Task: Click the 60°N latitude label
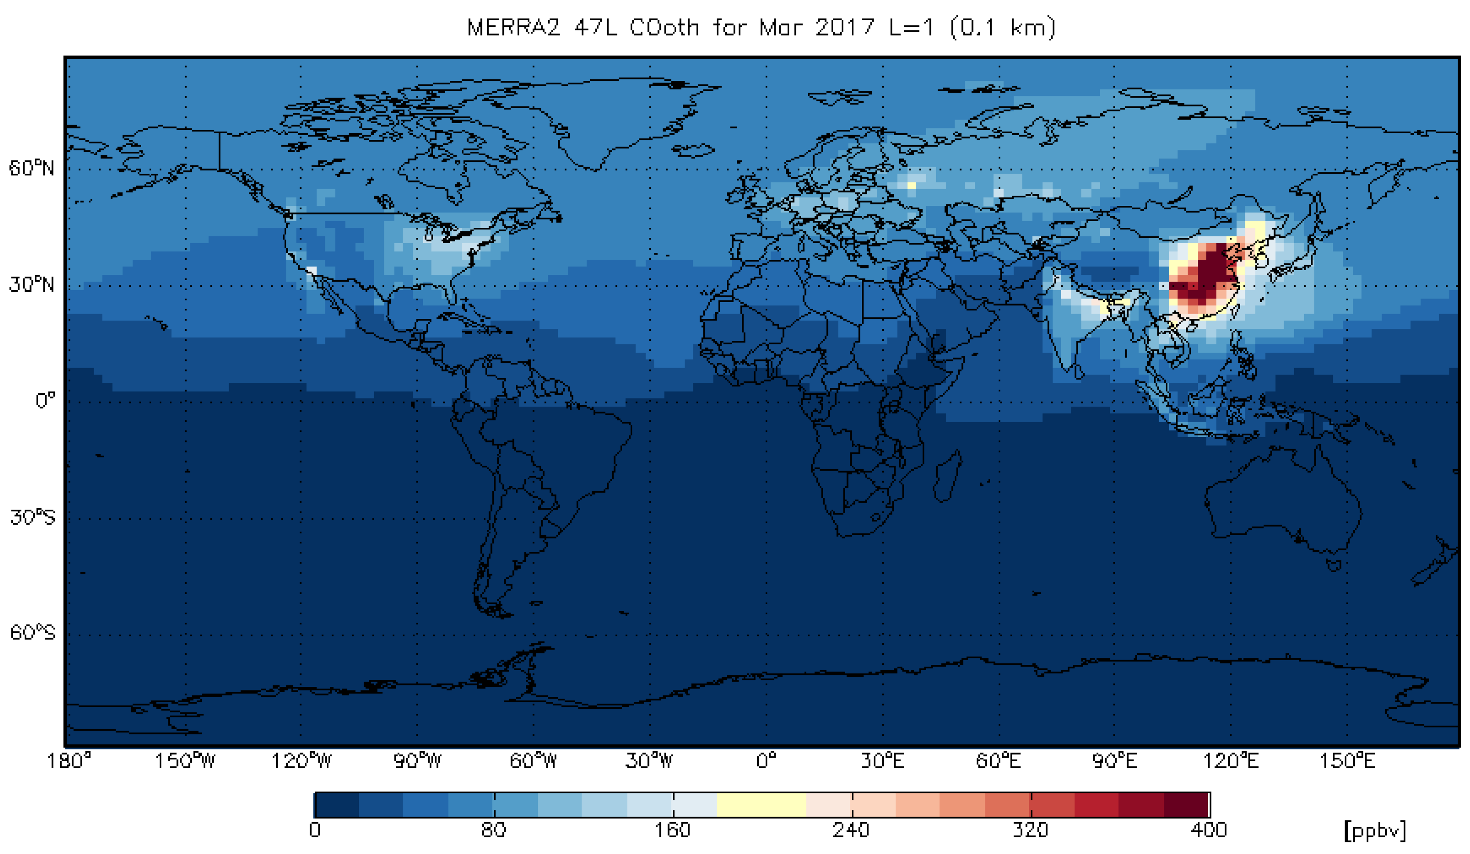[x=32, y=168]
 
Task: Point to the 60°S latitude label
[x=33, y=632]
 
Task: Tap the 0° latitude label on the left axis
[x=45, y=401]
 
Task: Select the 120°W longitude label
[x=301, y=761]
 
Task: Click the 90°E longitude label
[x=1114, y=761]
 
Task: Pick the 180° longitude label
[x=69, y=761]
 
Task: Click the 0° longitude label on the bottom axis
[x=766, y=761]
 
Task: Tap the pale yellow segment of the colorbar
[x=761, y=805]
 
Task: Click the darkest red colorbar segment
[x=1186, y=805]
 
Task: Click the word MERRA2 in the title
[x=513, y=27]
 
